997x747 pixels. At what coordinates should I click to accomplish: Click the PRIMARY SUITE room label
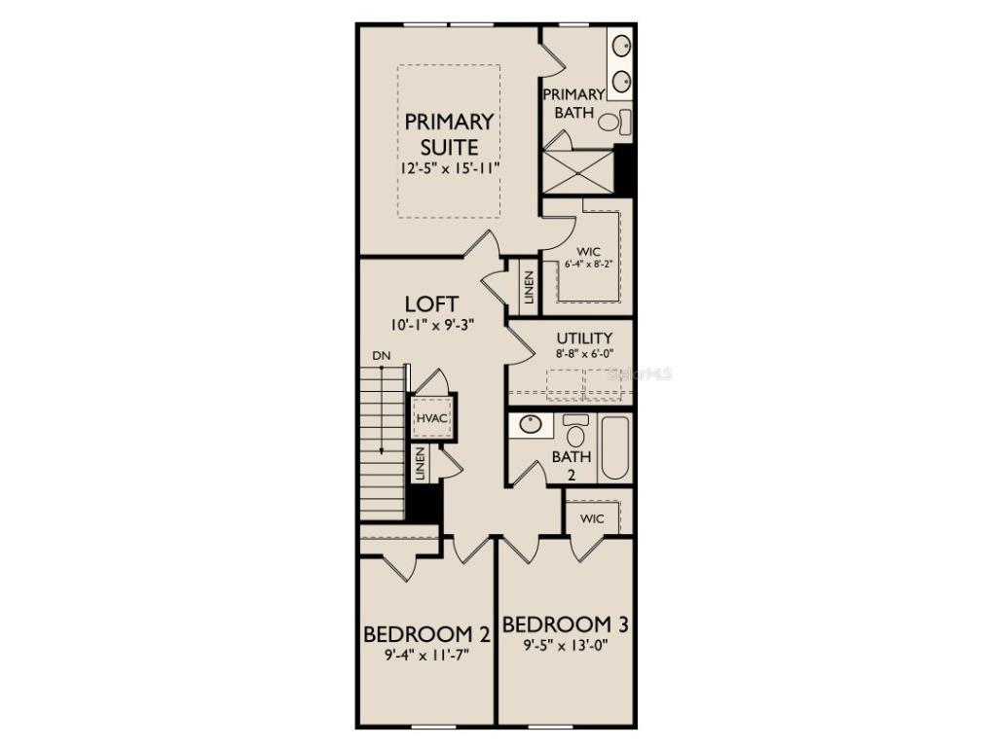(449, 134)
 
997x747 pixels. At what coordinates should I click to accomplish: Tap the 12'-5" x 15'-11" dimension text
(449, 168)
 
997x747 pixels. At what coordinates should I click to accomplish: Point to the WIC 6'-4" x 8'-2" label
(588, 257)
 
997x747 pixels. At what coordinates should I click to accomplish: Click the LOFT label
(431, 303)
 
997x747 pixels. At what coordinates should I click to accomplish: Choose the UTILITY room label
(584, 338)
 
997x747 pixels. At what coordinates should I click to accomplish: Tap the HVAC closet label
(430, 418)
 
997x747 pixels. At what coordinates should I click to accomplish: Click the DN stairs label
(381, 357)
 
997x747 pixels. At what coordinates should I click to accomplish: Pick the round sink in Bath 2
(531, 425)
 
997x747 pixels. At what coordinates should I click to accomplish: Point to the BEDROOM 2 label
(425, 634)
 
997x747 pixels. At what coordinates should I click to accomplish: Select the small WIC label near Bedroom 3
(592, 519)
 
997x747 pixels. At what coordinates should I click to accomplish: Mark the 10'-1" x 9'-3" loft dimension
(431, 325)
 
